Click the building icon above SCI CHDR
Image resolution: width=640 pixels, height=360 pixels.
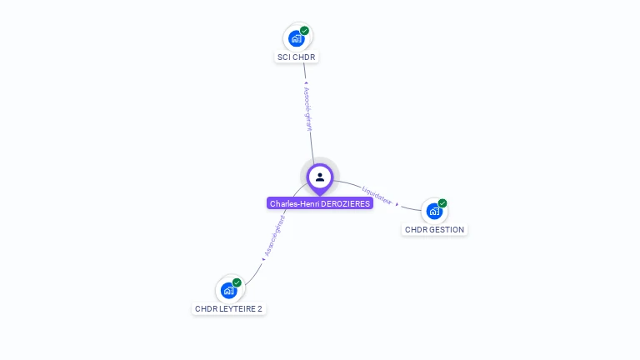click(x=296, y=38)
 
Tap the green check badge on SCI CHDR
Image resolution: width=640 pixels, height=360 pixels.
click(x=305, y=31)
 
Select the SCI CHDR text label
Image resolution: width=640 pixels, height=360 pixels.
click(x=297, y=57)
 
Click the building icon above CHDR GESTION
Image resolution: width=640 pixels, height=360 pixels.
click(x=433, y=211)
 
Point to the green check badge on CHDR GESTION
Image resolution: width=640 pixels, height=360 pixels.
click(x=442, y=203)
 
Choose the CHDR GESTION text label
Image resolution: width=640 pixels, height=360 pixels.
click(x=434, y=230)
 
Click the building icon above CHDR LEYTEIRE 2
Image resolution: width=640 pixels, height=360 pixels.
click(x=228, y=290)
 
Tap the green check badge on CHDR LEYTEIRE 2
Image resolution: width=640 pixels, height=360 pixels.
click(x=237, y=282)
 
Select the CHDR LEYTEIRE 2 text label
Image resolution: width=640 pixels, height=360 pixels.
click(x=228, y=309)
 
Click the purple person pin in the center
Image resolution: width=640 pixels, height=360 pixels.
click(x=320, y=177)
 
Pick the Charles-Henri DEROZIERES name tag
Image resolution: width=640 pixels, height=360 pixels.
click(x=320, y=203)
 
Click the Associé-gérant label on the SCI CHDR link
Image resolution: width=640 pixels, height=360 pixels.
click(x=307, y=109)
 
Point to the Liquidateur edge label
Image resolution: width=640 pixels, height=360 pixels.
click(x=377, y=196)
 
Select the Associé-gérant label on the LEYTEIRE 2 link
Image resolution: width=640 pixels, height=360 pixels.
click(x=274, y=236)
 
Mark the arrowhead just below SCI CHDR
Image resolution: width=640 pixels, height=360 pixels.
click(x=305, y=83)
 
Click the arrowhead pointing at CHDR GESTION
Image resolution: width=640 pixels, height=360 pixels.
click(x=397, y=204)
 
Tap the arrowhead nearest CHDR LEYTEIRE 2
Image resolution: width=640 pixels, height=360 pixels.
click(x=263, y=260)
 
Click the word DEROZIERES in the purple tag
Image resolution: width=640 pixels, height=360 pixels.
click(x=345, y=203)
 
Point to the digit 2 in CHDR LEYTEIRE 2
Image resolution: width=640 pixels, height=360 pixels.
click(x=259, y=309)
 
